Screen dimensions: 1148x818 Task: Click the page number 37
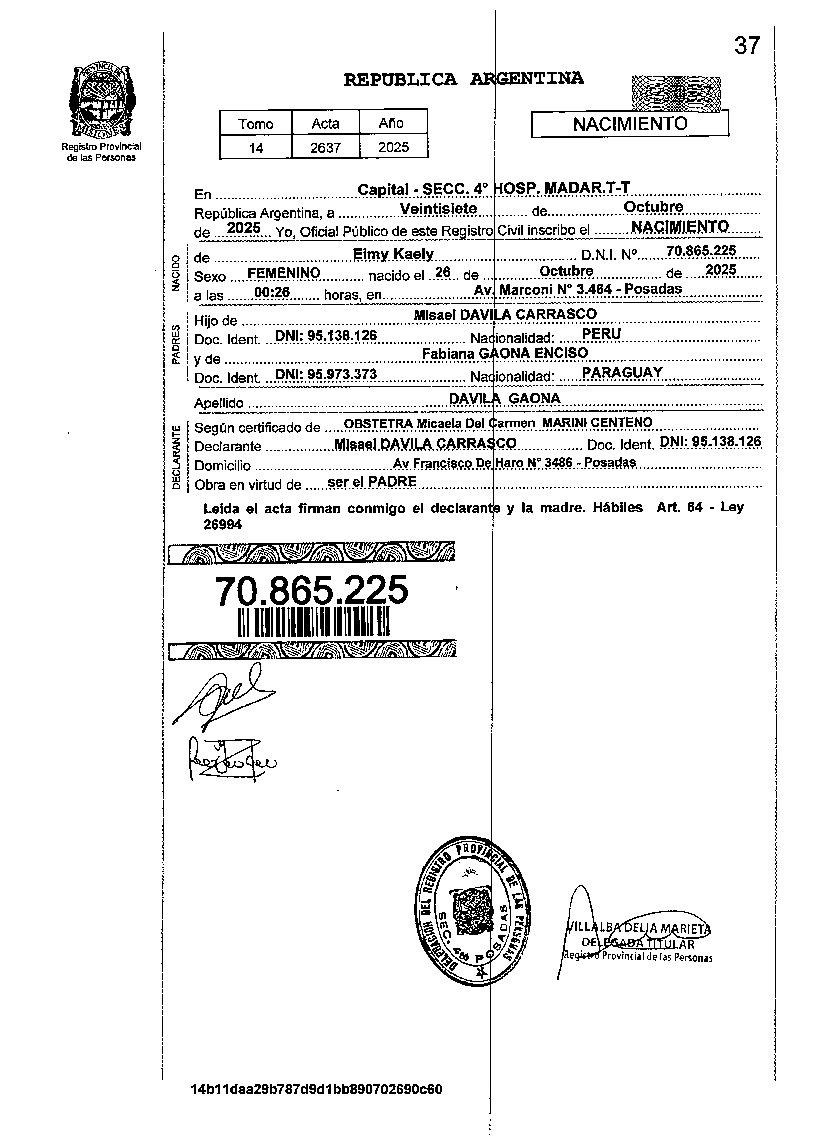(x=746, y=46)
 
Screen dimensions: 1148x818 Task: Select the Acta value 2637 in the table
(x=325, y=148)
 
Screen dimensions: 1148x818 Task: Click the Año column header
(x=391, y=123)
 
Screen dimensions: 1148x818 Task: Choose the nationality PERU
(x=601, y=333)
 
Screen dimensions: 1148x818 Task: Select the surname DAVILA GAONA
(x=504, y=398)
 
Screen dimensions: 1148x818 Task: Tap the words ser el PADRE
(x=372, y=482)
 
